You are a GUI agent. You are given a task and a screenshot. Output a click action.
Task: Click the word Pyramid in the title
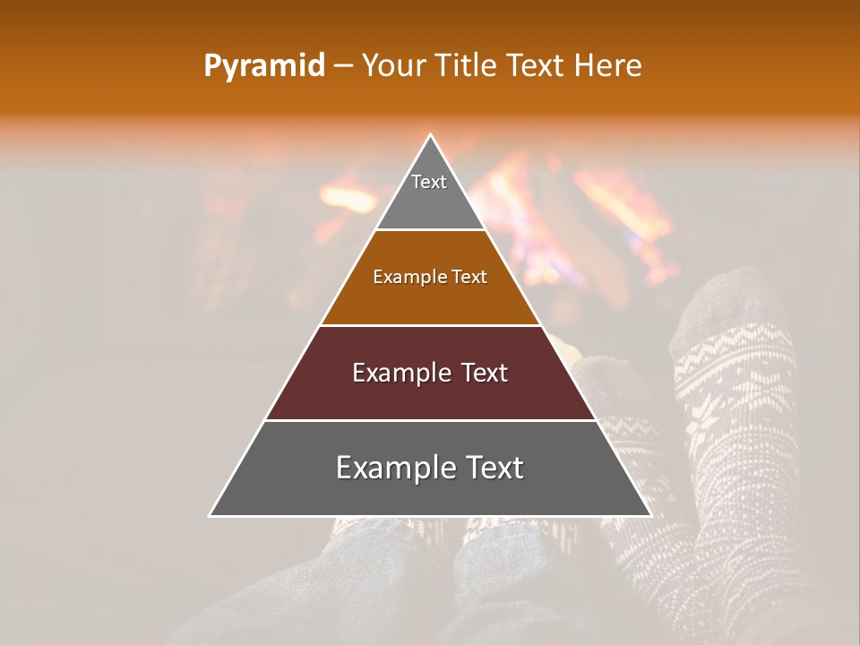click(263, 66)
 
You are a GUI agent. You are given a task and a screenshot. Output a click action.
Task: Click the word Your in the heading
click(394, 65)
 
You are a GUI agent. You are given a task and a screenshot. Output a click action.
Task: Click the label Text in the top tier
click(429, 182)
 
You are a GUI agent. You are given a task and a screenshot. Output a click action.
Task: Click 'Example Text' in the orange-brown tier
click(430, 277)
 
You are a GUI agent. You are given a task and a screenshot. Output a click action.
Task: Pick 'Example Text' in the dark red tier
click(430, 373)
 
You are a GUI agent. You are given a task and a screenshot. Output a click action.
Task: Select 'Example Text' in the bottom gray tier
click(430, 468)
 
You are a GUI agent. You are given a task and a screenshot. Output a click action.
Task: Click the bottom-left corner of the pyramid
click(211, 515)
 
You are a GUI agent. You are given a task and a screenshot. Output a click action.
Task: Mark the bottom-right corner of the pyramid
click(650, 515)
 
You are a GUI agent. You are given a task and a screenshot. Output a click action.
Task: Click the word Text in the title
click(535, 65)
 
